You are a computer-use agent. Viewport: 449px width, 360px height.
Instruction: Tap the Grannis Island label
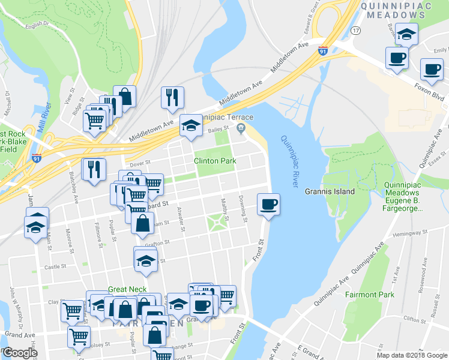click(x=330, y=191)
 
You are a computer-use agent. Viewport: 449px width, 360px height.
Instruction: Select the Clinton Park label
click(x=214, y=161)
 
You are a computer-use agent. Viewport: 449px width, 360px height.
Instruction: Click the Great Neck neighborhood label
click(x=127, y=289)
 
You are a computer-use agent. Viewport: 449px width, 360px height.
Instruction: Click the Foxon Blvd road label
click(x=429, y=92)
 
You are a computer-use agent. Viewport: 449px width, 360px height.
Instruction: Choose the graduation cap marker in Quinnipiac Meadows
click(x=407, y=34)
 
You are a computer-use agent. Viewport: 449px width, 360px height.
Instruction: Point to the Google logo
click(x=20, y=353)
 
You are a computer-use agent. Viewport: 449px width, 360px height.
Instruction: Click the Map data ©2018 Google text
click(x=412, y=355)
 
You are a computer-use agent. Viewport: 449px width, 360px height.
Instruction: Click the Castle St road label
click(x=55, y=266)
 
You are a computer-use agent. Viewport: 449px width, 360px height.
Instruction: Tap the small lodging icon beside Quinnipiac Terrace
click(x=241, y=127)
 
